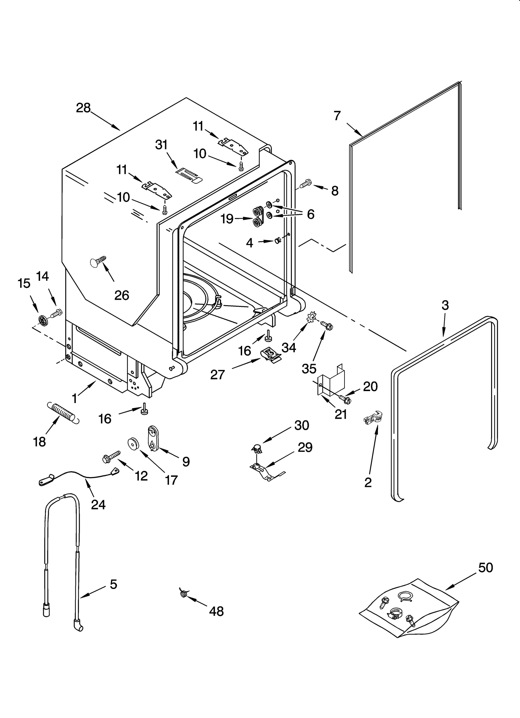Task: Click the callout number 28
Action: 83,108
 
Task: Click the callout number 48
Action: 216,611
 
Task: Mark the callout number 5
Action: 113,584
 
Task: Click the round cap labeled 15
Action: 43,320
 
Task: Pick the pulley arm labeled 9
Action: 153,438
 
